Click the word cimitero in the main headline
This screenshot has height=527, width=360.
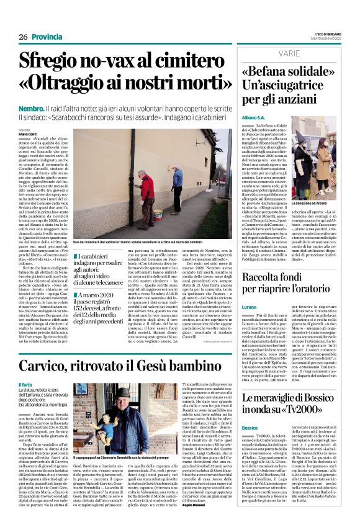(183, 61)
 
